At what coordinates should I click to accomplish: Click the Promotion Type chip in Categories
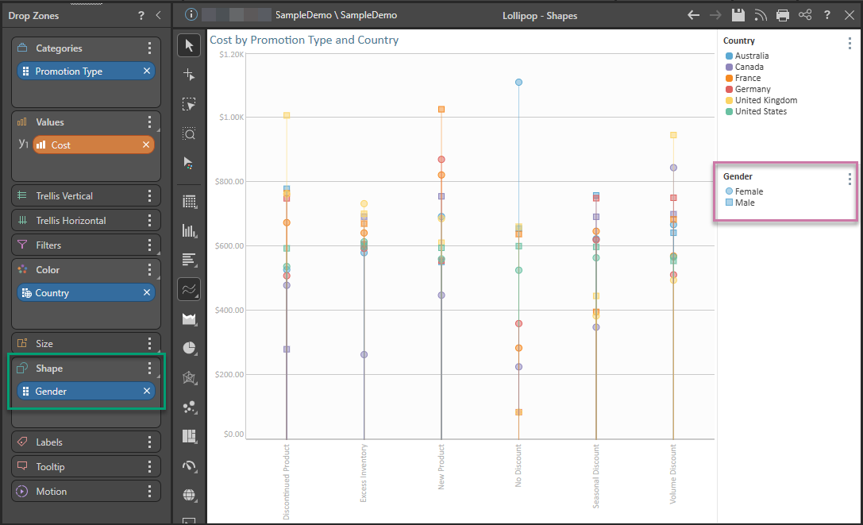69,71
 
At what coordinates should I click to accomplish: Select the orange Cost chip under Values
61,145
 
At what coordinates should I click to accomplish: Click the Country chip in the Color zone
52,293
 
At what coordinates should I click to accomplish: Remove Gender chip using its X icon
147,391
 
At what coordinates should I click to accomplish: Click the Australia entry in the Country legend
751,56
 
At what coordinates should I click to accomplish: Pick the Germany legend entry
752,90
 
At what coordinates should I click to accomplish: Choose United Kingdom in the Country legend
765,101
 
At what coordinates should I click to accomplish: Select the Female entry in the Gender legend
748,191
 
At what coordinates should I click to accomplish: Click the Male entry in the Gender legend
744,203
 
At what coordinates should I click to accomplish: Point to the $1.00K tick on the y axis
231,118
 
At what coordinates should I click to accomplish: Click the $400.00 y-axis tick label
230,311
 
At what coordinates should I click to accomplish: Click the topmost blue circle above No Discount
518,82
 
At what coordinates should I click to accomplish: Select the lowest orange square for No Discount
518,412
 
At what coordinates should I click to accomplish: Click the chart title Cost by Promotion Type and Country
304,40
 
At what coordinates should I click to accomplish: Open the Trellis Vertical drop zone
64,196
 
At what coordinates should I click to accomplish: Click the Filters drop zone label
48,245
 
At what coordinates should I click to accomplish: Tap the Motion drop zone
52,492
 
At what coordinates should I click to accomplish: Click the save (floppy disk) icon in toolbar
738,15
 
